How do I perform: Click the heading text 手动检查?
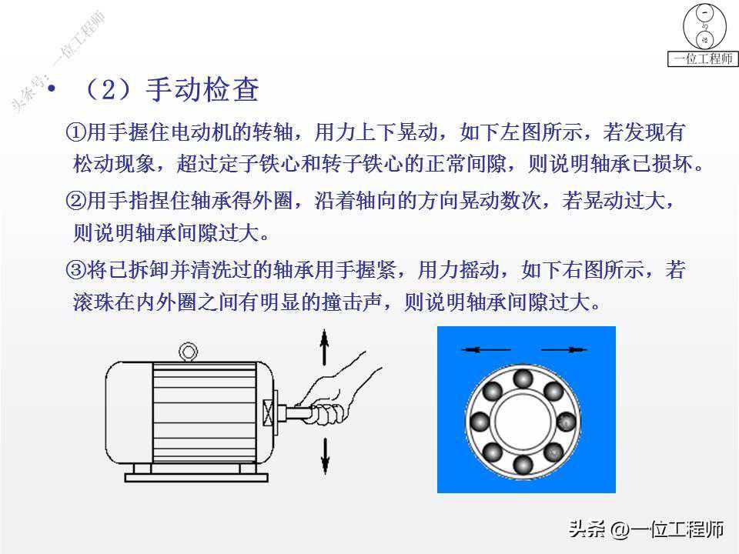pyautogui.click(x=202, y=89)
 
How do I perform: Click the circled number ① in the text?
pyautogui.click(x=75, y=132)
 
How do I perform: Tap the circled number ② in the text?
pyautogui.click(x=75, y=201)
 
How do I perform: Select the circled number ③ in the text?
pyautogui.click(x=75, y=270)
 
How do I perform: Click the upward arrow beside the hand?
pyautogui.click(x=324, y=347)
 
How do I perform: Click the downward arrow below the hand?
pyautogui.click(x=325, y=456)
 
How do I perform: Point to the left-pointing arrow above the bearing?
pyautogui.click(x=486, y=349)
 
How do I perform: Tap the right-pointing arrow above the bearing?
pyautogui.click(x=563, y=349)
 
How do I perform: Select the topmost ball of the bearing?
pyautogui.click(x=523, y=379)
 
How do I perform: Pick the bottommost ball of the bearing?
pyautogui.click(x=523, y=464)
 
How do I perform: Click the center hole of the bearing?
pyautogui.click(x=523, y=421)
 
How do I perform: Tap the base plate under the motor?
pyautogui.click(x=196, y=478)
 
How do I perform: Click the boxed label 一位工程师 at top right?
pyautogui.click(x=703, y=59)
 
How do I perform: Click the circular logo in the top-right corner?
pyautogui.click(x=704, y=26)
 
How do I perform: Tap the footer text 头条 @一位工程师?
pyautogui.click(x=646, y=529)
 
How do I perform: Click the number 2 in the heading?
pyautogui.click(x=109, y=89)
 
